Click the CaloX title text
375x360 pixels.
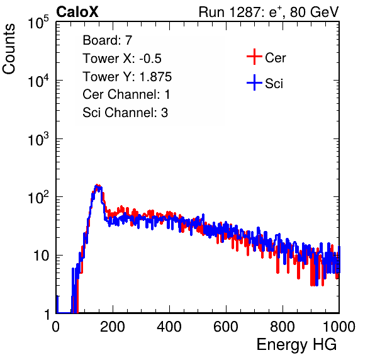(77, 12)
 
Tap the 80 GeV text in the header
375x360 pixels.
(314, 12)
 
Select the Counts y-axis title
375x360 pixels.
(9, 49)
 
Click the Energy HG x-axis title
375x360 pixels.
(296, 344)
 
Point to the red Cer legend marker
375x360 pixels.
(254, 57)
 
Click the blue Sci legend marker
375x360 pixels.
(254, 82)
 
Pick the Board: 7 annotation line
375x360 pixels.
(107, 40)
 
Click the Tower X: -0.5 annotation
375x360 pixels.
(122, 59)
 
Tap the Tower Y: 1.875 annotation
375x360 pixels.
(127, 77)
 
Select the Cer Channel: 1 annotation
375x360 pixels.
(126, 94)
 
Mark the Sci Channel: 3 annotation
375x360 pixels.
(125, 113)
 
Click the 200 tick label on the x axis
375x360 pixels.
(113, 327)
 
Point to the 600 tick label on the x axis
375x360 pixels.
(226, 327)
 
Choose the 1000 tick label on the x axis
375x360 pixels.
(339, 327)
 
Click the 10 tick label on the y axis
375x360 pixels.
(41, 256)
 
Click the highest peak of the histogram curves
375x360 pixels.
(97, 185)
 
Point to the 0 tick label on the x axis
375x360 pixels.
(56, 327)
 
